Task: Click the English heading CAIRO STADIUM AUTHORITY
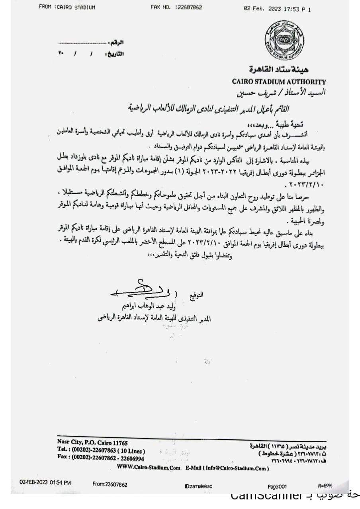tap(279, 82)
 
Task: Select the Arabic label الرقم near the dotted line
tap(116, 42)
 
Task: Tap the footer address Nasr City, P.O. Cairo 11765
tap(92, 443)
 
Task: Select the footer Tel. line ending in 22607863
tap(101, 451)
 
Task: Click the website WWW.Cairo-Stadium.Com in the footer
tap(149, 468)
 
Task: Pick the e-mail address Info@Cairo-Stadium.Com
tap(235, 468)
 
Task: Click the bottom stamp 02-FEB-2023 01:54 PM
tap(45, 482)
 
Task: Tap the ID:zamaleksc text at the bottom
tap(200, 486)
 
